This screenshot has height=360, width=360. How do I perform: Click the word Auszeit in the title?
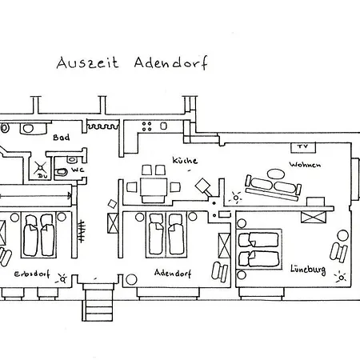(87, 63)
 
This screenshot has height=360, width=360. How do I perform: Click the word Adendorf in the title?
(171, 63)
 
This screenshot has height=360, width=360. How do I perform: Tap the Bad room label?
(62, 138)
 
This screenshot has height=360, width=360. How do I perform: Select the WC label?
(78, 170)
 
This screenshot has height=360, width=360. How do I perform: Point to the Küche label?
(185, 160)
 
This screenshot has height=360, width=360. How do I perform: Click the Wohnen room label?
(305, 165)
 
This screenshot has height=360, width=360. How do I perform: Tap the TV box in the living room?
(303, 147)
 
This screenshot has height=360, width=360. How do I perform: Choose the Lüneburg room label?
(308, 270)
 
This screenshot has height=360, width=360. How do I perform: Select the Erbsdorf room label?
(32, 274)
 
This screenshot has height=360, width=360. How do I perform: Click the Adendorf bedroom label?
(173, 273)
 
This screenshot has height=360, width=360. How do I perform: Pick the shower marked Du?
(40, 169)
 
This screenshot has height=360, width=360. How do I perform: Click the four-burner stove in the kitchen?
(146, 126)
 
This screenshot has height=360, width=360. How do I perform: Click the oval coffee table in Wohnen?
(276, 174)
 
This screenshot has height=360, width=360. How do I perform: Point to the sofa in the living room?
(274, 187)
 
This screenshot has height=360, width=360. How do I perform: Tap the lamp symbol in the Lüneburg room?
(341, 278)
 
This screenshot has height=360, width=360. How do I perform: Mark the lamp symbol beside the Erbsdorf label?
(62, 278)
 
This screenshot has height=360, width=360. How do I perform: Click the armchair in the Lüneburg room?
(338, 252)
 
